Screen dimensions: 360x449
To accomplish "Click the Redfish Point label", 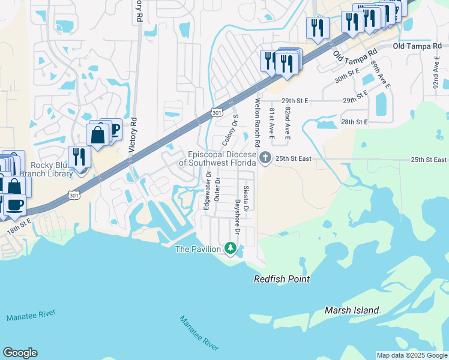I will (x=282, y=279).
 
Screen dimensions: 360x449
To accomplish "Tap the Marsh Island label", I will (x=352, y=310).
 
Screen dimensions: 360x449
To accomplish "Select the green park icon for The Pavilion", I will (x=230, y=247).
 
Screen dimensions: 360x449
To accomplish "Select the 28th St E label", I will (x=354, y=122).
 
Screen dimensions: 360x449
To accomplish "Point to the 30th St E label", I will (x=347, y=75).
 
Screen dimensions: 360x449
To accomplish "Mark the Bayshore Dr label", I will (x=237, y=217).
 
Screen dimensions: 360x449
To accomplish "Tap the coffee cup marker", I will (x=16, y=204).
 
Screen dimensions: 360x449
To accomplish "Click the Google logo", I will (x=20, y=353).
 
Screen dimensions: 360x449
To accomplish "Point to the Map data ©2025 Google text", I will (x=412, y=355).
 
